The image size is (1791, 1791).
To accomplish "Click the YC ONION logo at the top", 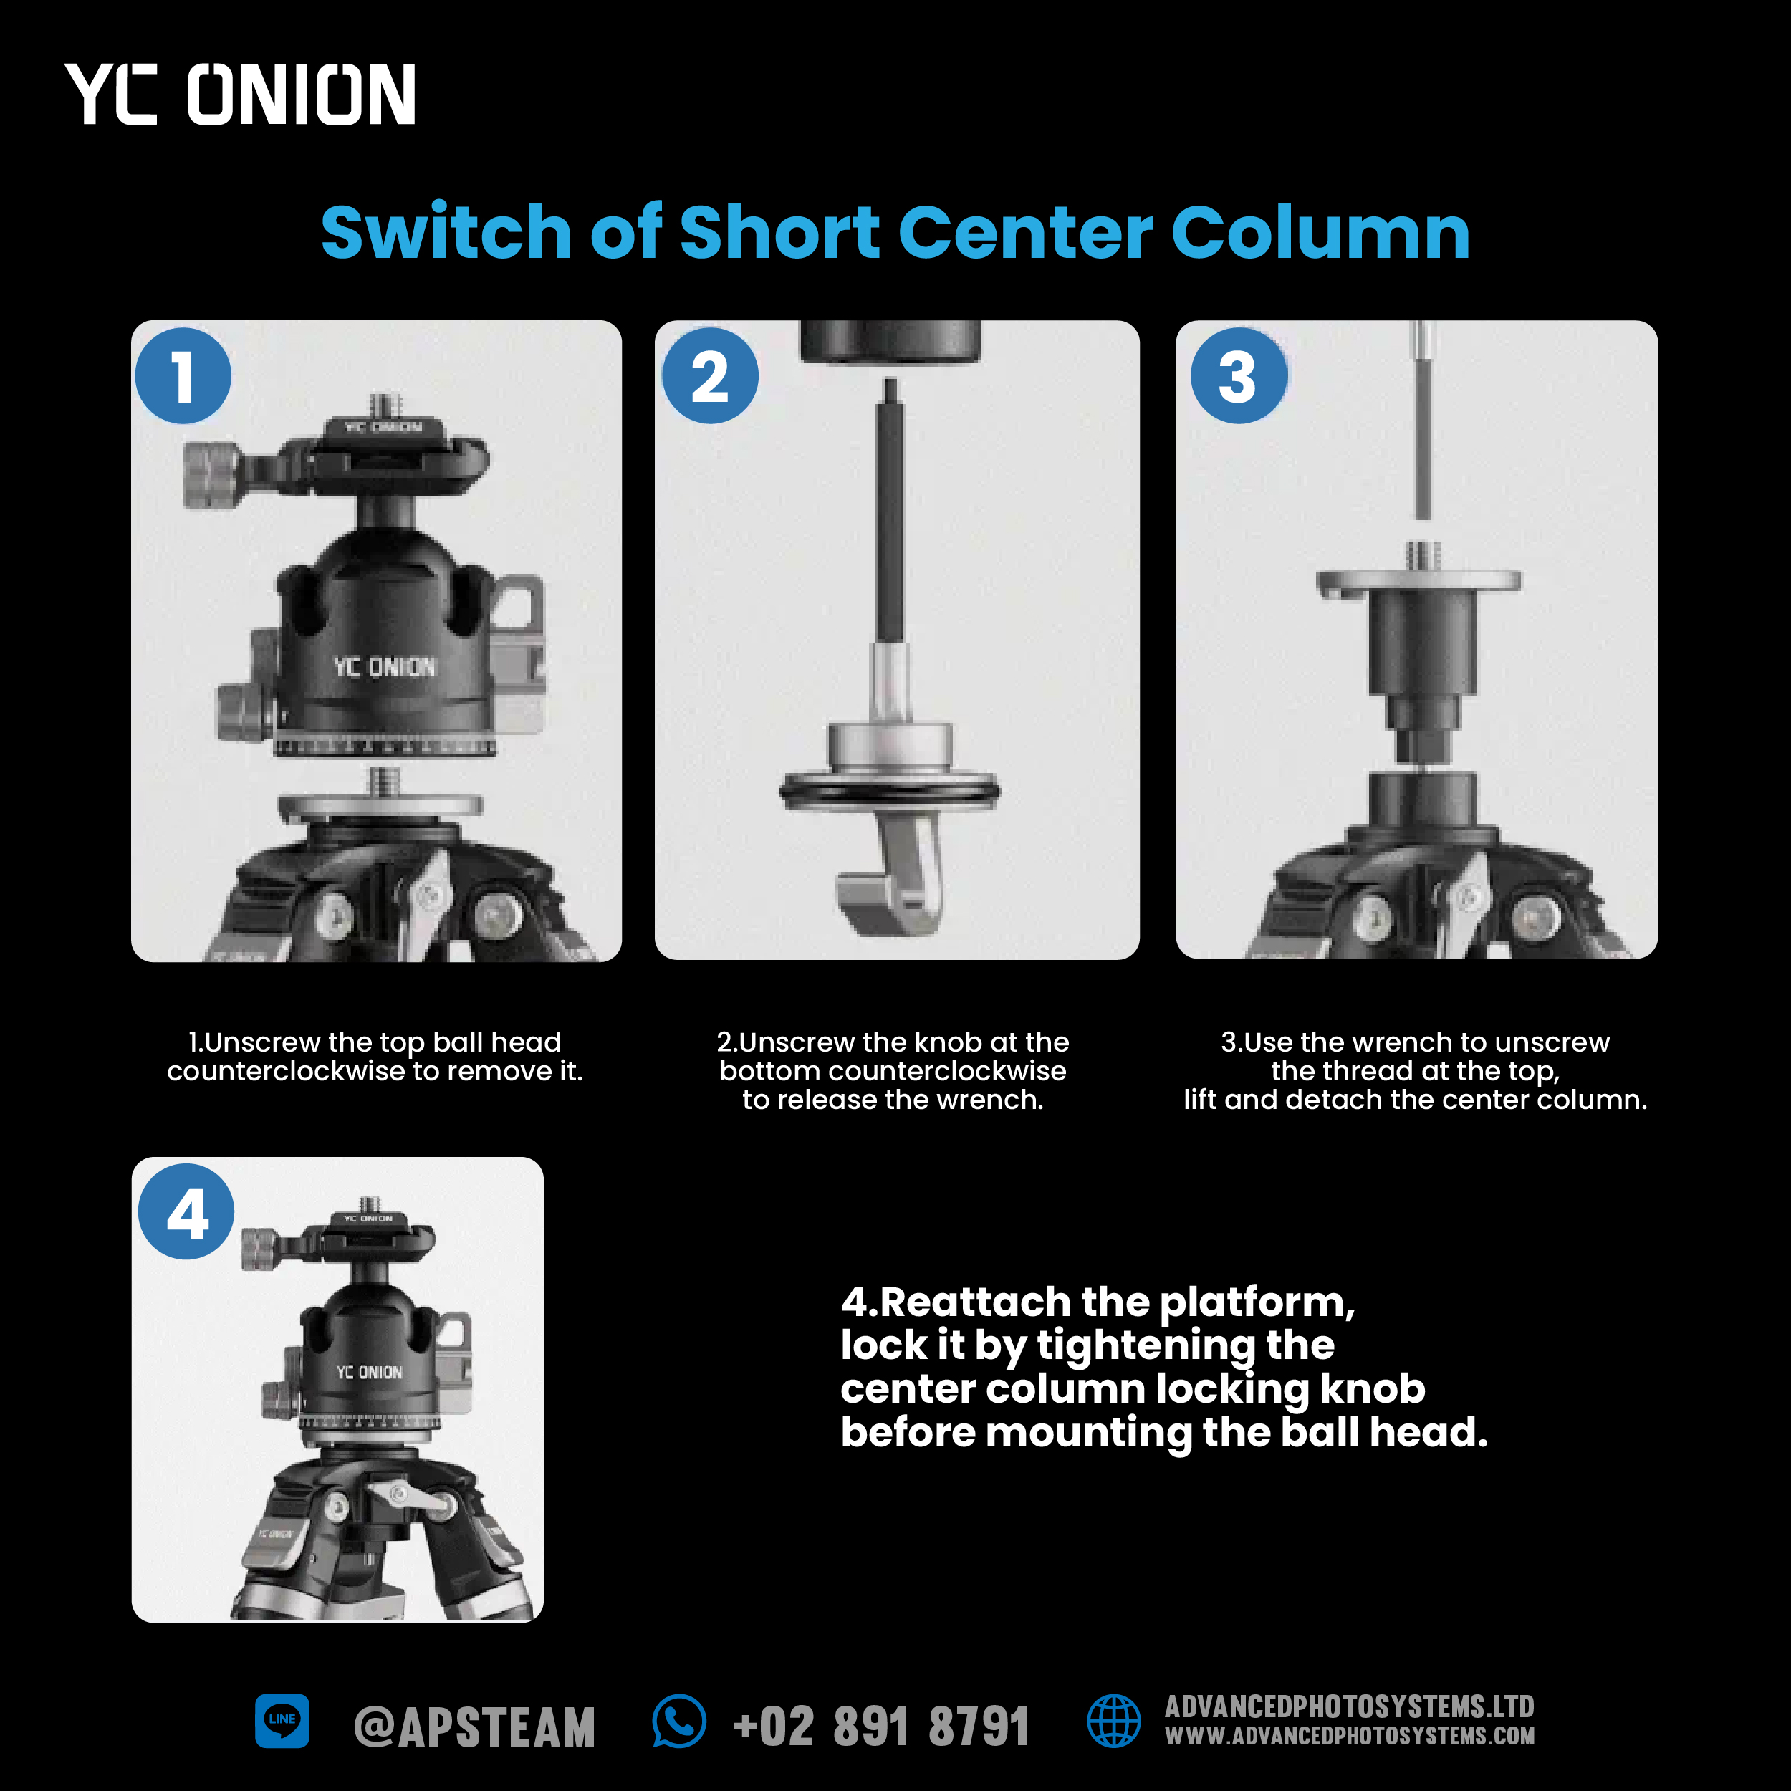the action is [x=240, y=94].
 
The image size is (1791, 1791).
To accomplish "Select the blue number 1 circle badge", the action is [x=183, y=375].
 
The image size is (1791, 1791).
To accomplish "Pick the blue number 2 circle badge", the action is [x=710, y=375].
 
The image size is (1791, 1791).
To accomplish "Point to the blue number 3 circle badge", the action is [x=1239, y=375].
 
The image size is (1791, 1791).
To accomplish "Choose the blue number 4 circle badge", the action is [x=186, y=1211].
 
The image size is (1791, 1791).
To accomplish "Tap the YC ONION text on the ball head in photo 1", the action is [x=385, y=666].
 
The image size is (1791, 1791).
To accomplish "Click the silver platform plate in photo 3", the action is [x=1419, y=583].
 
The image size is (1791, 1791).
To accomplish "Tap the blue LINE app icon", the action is [x=282, y=1721].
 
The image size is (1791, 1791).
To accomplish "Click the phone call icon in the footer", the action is [x=679, y=1721].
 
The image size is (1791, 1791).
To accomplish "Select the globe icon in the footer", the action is [x=1113, y=1721].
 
